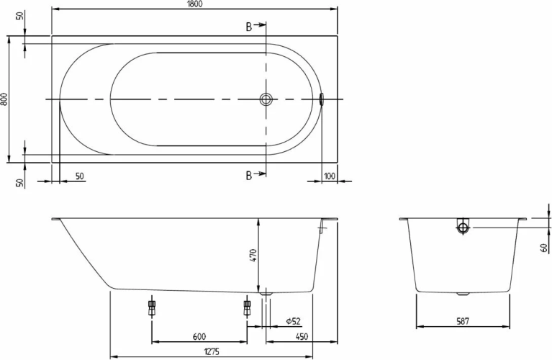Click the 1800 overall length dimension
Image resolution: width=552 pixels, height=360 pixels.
tap(195, 4)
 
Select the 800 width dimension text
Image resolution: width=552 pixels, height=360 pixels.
tap(4, 100)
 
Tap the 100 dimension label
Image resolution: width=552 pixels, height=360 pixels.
tap(330, 176)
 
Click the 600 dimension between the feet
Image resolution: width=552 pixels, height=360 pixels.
tap(199, 336)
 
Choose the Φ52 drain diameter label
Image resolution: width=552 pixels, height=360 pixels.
tap(291, 320)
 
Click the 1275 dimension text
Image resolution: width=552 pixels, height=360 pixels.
tap(211, 351)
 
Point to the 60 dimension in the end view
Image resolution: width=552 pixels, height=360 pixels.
tap(544, 248)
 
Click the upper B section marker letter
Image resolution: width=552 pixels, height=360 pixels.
tap(249, 27)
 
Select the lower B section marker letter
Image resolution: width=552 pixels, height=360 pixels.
tap(249, 175)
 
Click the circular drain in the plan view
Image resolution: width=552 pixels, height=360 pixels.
tap(267, 100)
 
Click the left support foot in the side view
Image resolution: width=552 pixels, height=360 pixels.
tap(152, 307)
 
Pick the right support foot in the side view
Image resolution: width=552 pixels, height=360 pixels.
tap(247, 307)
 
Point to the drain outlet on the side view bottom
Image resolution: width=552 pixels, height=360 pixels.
tap(267, 293)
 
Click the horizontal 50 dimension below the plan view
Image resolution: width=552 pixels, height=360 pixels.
tap(78, 176)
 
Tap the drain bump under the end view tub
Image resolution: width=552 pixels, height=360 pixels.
tap(463, 293)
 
